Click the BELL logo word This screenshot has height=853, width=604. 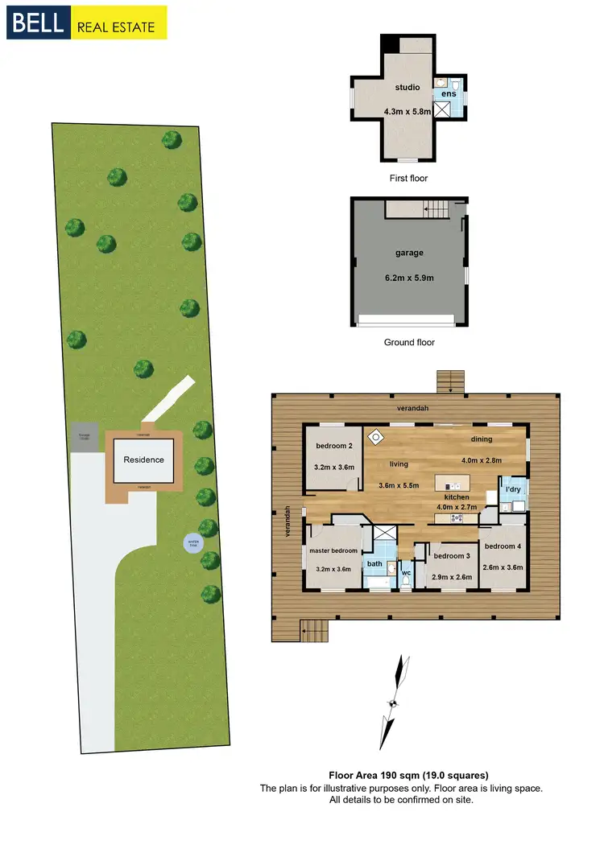tap(39, 23)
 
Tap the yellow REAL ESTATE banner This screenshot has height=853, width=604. tap(118, 24)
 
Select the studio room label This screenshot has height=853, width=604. tap(407, 87)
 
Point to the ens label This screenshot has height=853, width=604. tap(449, 94)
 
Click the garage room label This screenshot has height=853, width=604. tap(409, 253)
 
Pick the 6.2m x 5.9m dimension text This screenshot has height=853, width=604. tap(408, 278)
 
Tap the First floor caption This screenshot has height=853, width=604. tap(408, 178)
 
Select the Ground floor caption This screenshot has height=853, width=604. tap(409, 342)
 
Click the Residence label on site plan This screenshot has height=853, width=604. tap(143, 460)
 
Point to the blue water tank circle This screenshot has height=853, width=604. tap(193, 543)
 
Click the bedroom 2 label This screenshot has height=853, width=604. tap(333, 446)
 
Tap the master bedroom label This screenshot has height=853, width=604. tap(333, 551)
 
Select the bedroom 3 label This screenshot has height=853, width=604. tap(451, 556)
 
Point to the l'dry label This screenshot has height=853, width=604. tap(512, 489)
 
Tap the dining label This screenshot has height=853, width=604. tap(482, 439)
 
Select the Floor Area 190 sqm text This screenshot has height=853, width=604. tap(408, 776)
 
